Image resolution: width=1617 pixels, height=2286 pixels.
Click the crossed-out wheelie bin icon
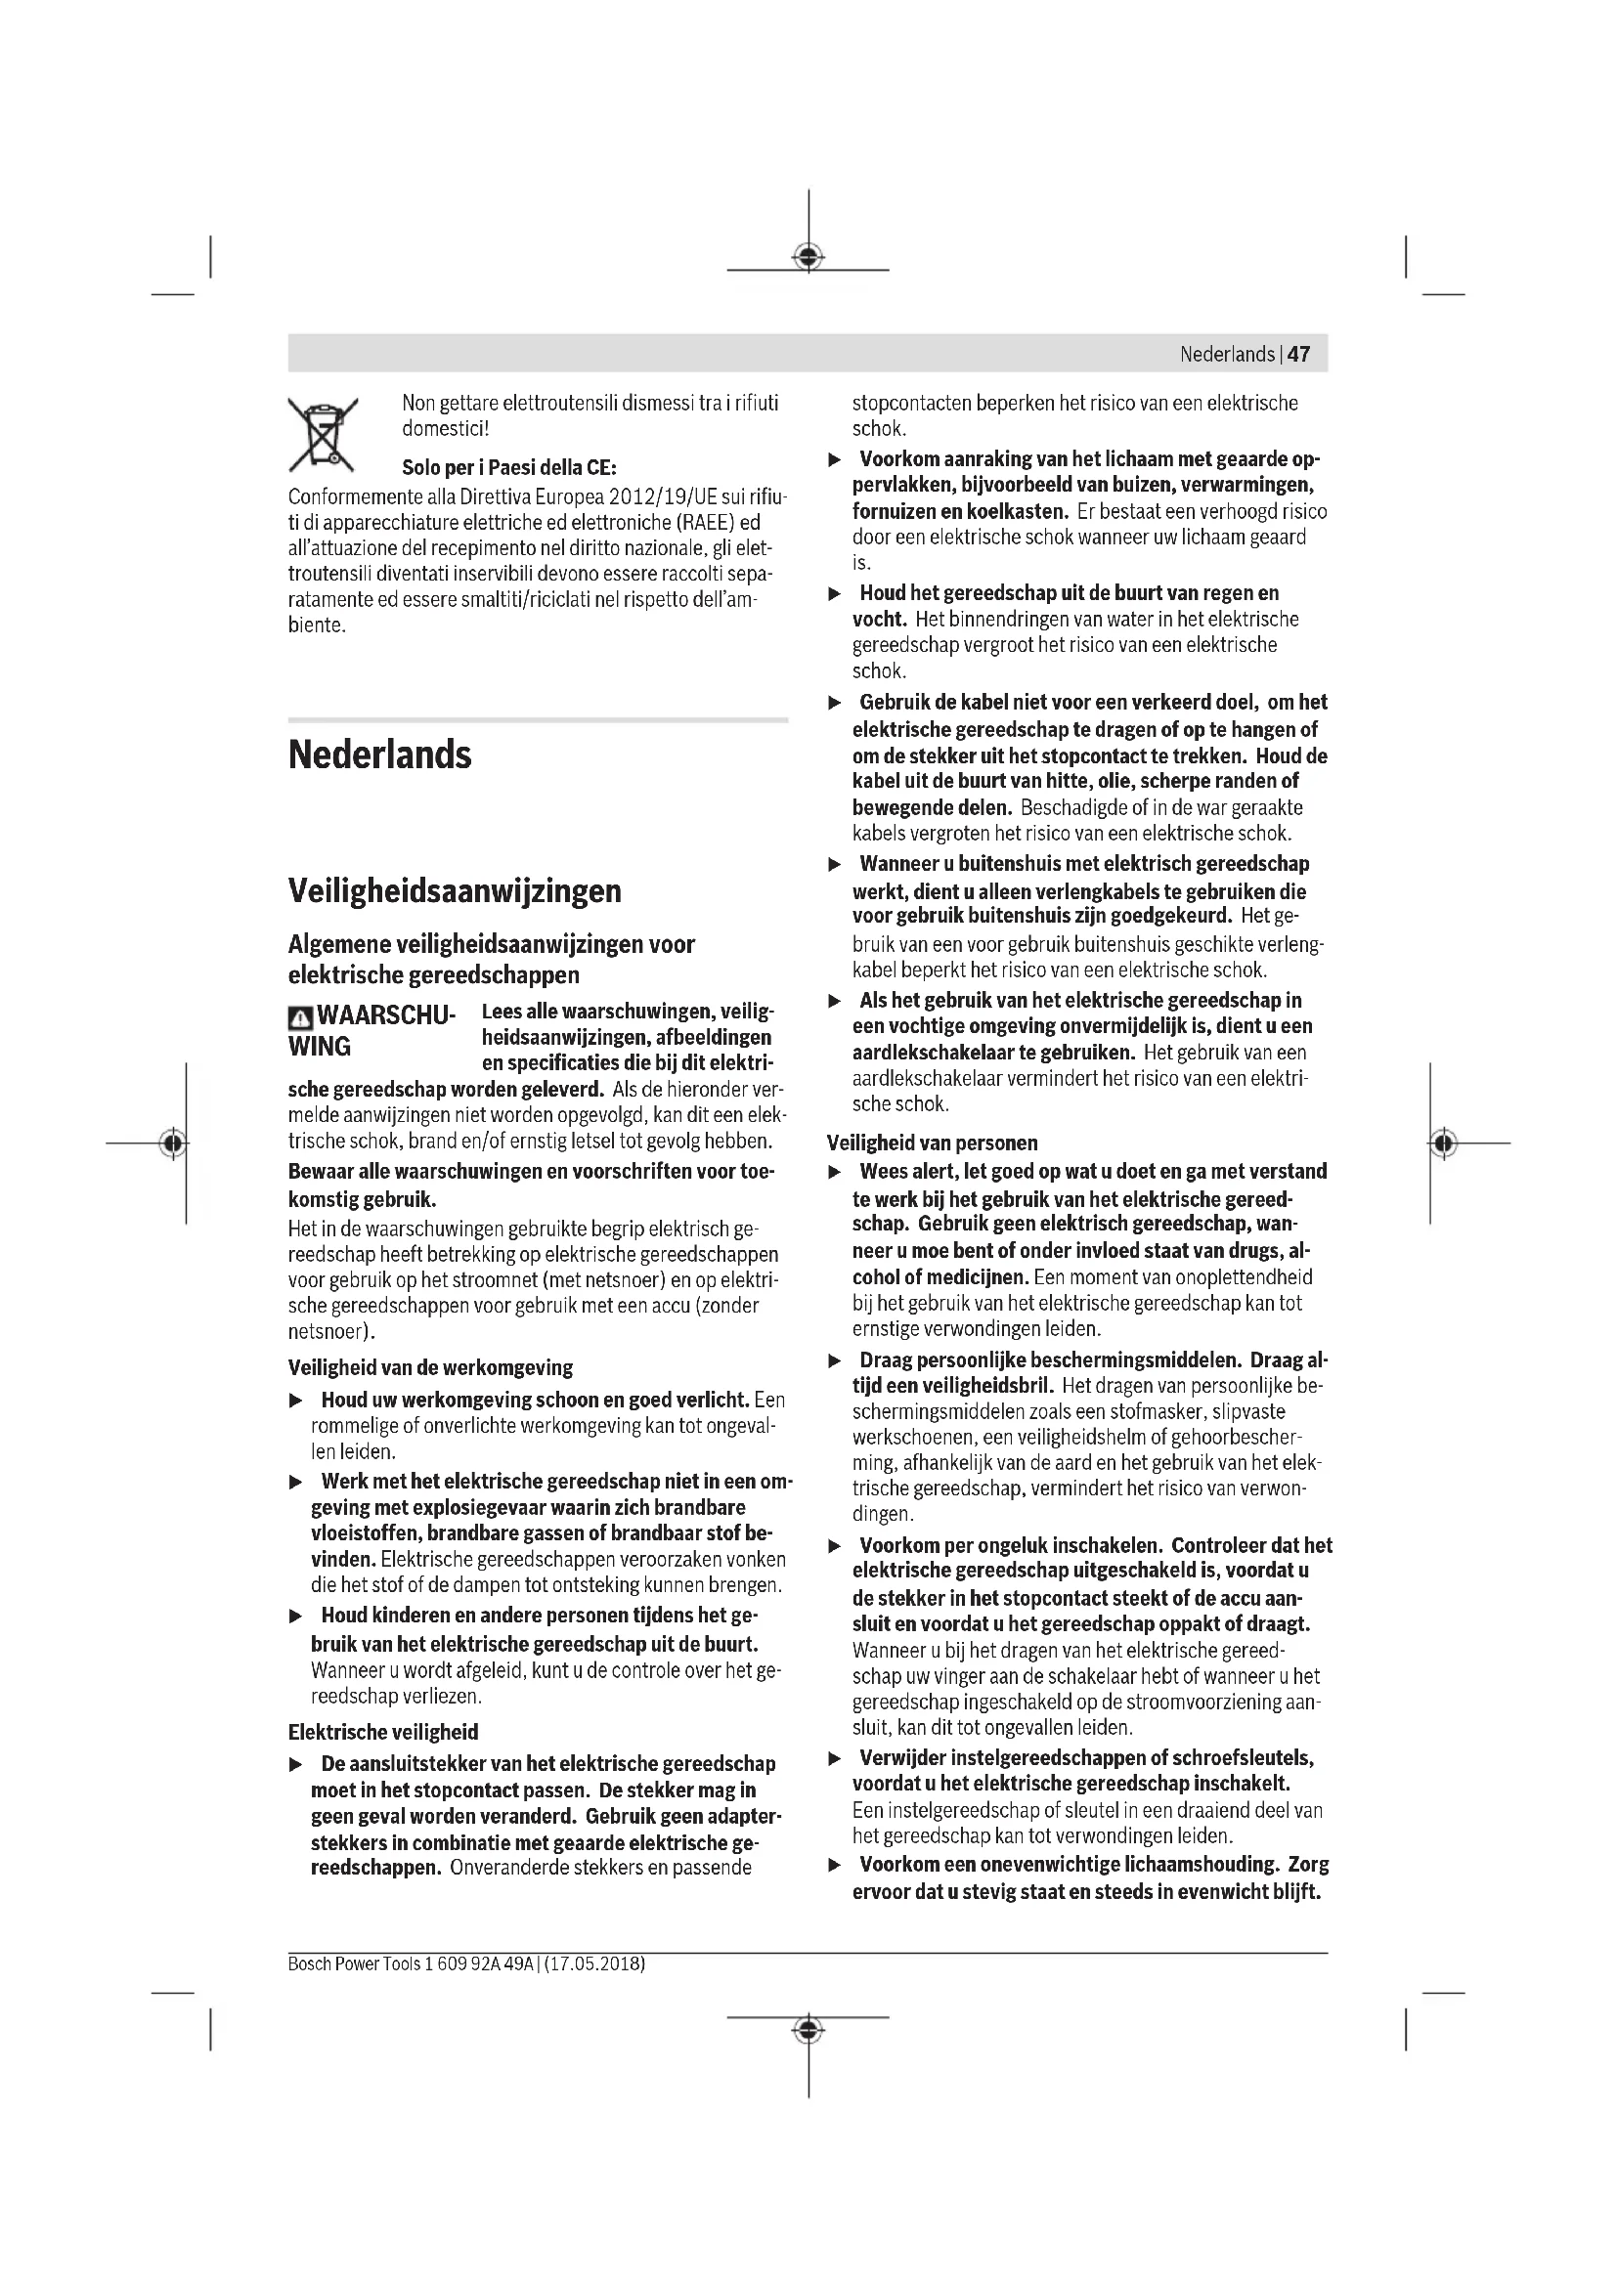coord(323,435)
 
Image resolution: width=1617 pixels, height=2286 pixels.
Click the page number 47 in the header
coord(1298,355)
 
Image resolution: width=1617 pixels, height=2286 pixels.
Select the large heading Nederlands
coord(379,755)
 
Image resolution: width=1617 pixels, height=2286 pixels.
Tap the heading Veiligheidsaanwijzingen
coord(454,890)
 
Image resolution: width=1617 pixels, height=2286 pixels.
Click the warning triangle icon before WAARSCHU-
coord(300,1017)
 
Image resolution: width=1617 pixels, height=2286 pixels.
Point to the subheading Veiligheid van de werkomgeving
coord(430,1367)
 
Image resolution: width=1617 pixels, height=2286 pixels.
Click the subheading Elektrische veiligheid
coord(383,1732)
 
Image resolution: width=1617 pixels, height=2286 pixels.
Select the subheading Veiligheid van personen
coord(932,1143)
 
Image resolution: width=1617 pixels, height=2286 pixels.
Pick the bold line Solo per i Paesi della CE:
coord(508,467)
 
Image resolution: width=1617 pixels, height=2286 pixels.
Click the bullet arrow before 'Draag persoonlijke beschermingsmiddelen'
coord(835,1361)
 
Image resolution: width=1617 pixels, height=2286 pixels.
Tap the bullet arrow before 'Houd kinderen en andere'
coord(295,1616)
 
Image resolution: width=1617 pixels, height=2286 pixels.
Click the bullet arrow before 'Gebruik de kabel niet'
coord(835,703)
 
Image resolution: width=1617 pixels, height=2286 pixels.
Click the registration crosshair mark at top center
coord(808,257)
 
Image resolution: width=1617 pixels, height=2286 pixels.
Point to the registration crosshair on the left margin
coord(173,1143)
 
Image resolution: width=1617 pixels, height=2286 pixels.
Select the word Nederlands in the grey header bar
coord(1227,355)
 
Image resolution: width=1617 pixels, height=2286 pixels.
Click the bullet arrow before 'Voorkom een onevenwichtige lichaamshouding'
coord(835,1865)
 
